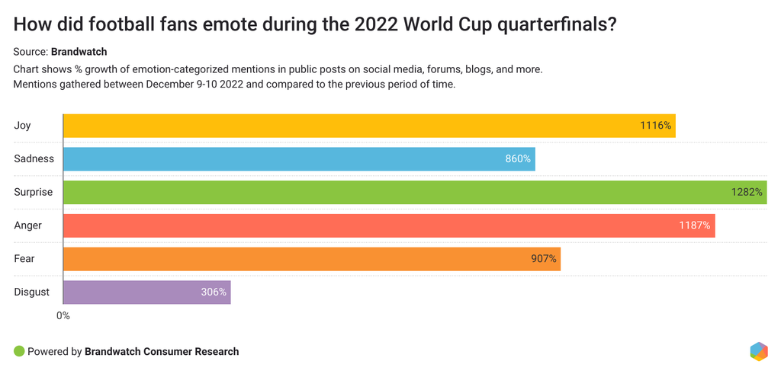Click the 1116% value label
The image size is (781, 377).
click(655, 126)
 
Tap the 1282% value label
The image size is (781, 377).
click(747, 192)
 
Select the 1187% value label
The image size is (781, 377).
click(695, 225)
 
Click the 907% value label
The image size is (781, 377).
click(544, 259)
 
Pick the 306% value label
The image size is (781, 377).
click(214, 292)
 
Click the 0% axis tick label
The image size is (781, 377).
click(63, 315)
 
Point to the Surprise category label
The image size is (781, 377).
click(33, 192)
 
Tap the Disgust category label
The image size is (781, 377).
click(31, 292)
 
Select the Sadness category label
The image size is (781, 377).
click(34, 158)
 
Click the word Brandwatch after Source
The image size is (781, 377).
click(79, 52)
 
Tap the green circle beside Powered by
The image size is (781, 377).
click(19, 351)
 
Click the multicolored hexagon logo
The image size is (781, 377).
click(758, 351)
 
